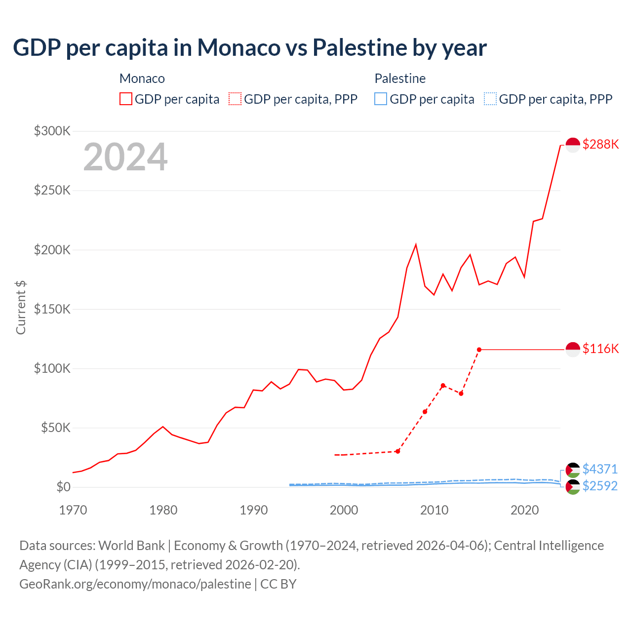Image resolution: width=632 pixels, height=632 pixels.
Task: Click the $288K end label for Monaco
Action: point(600,144)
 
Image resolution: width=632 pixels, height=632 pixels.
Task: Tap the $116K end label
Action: point(600,349)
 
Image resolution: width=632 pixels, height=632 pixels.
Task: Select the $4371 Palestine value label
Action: point(600,469)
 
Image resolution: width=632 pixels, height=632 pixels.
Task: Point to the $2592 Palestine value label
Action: point(600,486)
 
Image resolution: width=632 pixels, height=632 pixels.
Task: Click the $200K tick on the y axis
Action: point(52,250)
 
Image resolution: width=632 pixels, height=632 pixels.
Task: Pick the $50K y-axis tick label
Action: point(56,428)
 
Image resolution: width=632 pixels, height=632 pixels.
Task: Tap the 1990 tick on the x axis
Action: point(253,510)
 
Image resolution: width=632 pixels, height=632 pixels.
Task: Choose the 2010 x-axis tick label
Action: point(434,510)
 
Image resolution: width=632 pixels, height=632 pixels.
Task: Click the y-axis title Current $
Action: point(21,307)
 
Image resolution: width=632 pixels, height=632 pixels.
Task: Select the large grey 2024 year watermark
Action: point(125,157)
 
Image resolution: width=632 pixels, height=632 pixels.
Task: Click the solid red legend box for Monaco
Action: point(126,99)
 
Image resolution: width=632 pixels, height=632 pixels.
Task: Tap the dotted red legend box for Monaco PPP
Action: point(235,99)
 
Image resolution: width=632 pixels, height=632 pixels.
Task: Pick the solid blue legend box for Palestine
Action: point(381,99)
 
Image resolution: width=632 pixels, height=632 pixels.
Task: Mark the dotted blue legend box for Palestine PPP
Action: point(490,99)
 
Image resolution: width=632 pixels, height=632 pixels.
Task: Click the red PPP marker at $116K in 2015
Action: point(479,350)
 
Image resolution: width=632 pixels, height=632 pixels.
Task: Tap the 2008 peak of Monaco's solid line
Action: point(416,244)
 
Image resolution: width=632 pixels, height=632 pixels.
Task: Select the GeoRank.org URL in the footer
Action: point(135,584)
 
